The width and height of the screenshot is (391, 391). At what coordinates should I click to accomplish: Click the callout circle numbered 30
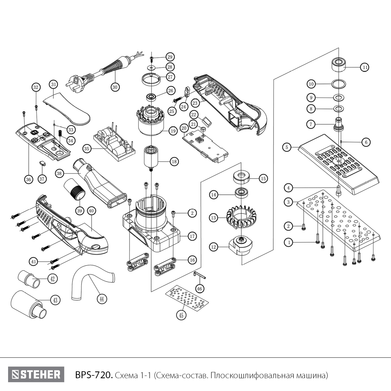(115, 87)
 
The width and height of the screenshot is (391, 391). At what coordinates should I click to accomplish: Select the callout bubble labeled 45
(181, 315)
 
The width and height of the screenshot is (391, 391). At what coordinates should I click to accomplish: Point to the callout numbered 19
(173, 131)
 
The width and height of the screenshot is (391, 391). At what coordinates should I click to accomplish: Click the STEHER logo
(36, 375)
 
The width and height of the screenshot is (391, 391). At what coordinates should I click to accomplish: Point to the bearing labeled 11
(339, 64)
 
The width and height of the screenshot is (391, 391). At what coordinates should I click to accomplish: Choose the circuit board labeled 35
(115, 143)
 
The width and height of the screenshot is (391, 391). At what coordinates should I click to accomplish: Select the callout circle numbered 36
(28, 179)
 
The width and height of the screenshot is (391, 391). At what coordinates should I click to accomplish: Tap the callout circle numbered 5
(287, 147)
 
